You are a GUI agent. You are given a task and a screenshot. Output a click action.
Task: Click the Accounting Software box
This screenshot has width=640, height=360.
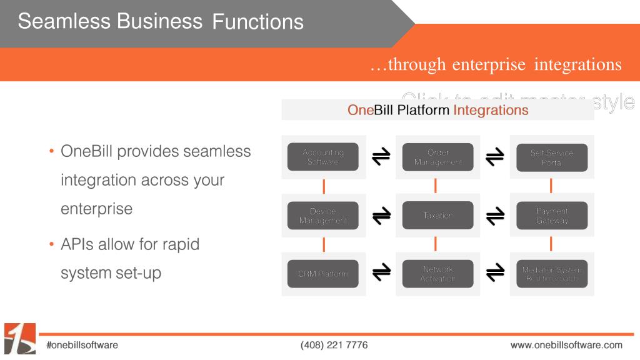(322, 157)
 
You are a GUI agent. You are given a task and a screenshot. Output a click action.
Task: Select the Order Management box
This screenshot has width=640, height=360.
(437, 157)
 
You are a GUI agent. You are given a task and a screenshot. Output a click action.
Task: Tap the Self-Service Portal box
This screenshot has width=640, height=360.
(552, 157)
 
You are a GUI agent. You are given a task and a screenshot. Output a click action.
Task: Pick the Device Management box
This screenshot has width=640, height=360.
(322, 216)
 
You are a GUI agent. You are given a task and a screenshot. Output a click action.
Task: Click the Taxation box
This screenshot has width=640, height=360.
(437, 216)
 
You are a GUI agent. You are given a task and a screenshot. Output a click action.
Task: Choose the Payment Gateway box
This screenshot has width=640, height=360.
(552, 216)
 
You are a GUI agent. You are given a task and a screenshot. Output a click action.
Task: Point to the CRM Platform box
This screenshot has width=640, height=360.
(322, 274)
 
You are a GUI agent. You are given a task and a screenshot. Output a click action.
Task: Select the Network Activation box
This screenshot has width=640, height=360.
(437, 274)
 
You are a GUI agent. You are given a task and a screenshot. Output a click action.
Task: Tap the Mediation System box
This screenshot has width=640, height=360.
(552, 274)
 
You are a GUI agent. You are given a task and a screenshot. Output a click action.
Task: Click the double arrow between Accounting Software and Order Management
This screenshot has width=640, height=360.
(381, 157)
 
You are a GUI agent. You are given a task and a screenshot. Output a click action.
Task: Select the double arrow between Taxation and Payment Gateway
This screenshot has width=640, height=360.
(495, 216)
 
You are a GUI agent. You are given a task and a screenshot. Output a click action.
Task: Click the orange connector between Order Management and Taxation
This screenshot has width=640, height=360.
(436, 186)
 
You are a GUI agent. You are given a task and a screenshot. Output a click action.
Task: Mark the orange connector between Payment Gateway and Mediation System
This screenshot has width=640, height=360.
(551, 244)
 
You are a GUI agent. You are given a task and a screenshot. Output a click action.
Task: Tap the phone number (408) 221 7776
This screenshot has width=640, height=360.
(334, 345)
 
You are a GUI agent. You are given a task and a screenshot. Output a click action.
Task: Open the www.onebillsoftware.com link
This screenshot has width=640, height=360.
(566, 345)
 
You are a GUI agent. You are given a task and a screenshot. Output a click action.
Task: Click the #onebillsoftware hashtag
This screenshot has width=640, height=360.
(82, 345)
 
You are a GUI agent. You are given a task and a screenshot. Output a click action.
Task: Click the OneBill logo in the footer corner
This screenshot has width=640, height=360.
(19, 339)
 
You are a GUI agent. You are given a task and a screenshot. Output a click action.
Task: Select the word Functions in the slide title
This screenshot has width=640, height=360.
(257, 22)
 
